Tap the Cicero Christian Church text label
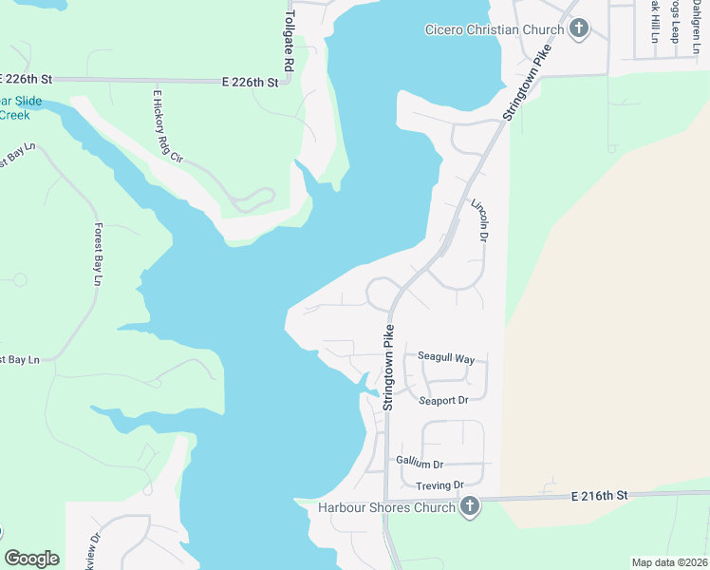tap(484, 29)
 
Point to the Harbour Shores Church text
tap(386, 507)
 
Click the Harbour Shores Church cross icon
tap(468, 507)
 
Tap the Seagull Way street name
tap(446, 358)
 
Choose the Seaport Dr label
tap(444, 401)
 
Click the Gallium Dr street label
tap(420, 464)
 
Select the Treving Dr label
tap(439, 485)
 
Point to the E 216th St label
tap(600, 496)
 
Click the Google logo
tap(31, 559)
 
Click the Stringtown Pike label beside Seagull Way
tap(388, 368)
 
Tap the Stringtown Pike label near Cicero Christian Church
tap(528, 85)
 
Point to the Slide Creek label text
tap(14, 108)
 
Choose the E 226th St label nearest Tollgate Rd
tap(251, 83)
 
